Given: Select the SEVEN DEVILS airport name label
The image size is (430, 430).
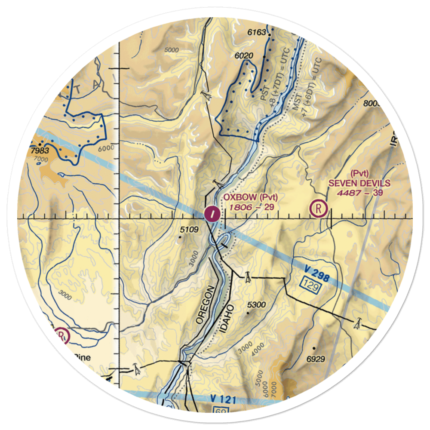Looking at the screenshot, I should tap(359, 183).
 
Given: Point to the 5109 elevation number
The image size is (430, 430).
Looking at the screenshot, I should tap(189, 230).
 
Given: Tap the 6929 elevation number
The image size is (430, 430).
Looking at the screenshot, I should tap(316, 359).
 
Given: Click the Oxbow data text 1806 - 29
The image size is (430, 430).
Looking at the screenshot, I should tap(252, 207).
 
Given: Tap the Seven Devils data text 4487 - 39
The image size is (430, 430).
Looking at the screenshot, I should tap(360, 193).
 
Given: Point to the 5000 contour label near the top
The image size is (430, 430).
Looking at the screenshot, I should tap(171, 50).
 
